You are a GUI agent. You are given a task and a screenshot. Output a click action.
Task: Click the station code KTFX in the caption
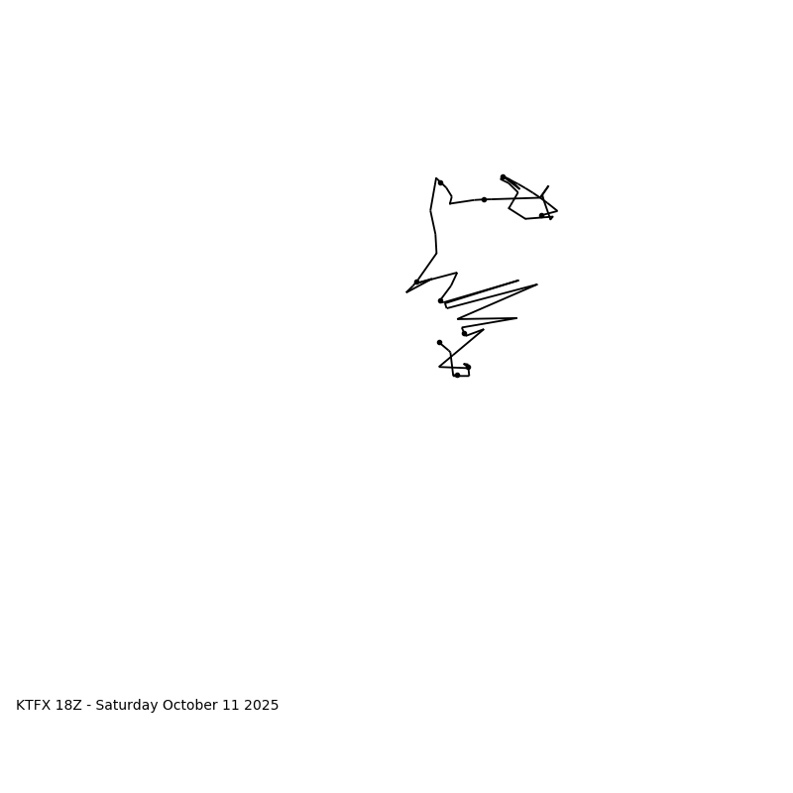pyautogui.click(x=35, y=706)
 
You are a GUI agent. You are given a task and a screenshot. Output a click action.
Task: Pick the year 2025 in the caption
pyautogui.click(x=262, y=706)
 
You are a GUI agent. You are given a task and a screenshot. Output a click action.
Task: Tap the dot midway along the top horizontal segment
pyautogui.click(x=484, y=199)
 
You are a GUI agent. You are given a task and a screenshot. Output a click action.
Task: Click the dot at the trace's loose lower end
pyautogui.click(x=439, y=342)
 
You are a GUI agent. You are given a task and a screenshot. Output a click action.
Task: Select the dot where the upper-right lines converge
pyautogui.click(x=503, y=177)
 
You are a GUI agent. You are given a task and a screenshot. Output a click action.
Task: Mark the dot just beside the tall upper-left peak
pyautogui.click(x=440, y=182)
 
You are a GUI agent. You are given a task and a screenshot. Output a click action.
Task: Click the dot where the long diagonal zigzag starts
pyautogui.click(x=440, y=300)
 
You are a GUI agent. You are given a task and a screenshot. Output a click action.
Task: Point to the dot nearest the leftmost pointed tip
pyautogui.click(x=417, y=282)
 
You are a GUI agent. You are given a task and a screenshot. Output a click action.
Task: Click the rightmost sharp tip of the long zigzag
pyautogui.click(x=537, y=284)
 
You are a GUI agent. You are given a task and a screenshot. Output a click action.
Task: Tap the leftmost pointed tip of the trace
pyautogui.click(x=406, y=292)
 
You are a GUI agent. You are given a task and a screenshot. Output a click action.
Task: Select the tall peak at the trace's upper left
pyautogui.click(x=435, y=178)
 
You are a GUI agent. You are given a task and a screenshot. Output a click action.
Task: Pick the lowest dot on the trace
pyautogui.click(x=457, y=375)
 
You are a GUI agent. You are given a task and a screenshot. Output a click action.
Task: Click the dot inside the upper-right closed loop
pyautogui.click(x=541, y=215)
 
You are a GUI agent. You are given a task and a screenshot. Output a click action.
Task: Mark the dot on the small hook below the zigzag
pyautogui.click(x=464, y=333)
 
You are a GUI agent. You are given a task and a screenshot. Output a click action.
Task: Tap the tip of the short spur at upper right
pyautogui.click(x=548, y=186)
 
